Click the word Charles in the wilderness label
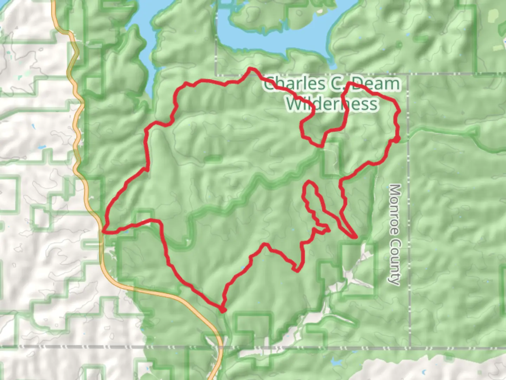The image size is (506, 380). [294, 84]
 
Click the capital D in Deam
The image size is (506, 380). [358, 84]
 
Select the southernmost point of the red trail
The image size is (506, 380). [222, 310]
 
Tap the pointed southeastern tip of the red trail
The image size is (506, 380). [356, 237]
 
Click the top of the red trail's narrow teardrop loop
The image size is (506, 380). [309, 182]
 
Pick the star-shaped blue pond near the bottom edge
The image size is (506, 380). [337, 361]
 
